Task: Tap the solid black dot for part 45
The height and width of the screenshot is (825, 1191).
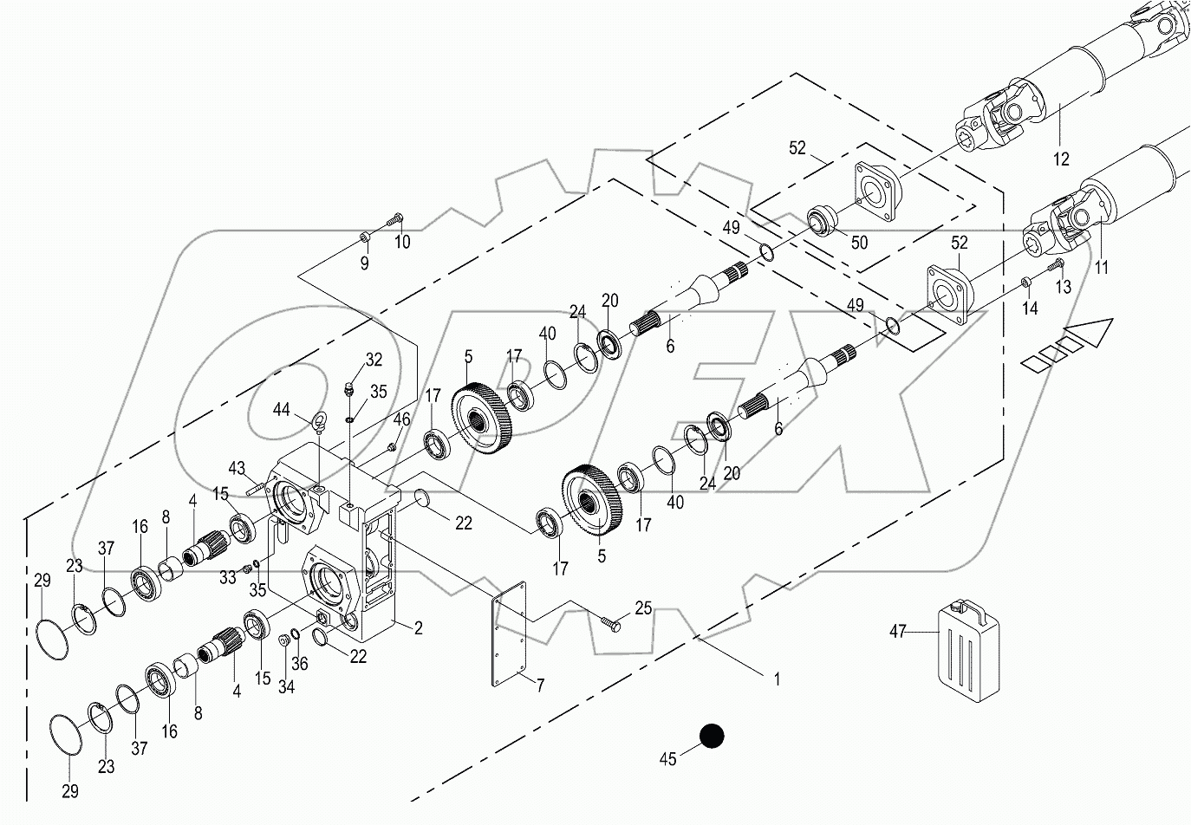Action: pos(711,736)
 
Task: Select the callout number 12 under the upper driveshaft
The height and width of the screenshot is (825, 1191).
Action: pos(1061,159)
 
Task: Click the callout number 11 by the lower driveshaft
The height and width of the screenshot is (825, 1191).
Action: pos(1101,268)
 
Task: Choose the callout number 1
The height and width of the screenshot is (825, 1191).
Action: pos(777,680)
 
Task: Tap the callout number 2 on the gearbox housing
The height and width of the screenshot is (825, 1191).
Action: pos(418,628)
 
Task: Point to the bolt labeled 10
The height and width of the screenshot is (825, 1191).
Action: pos(395,215)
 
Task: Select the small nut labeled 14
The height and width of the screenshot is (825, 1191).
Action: pos(1025,283)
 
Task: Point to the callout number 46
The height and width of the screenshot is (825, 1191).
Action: pos(400,420)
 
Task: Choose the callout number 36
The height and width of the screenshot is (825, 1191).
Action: pos(300,664)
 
